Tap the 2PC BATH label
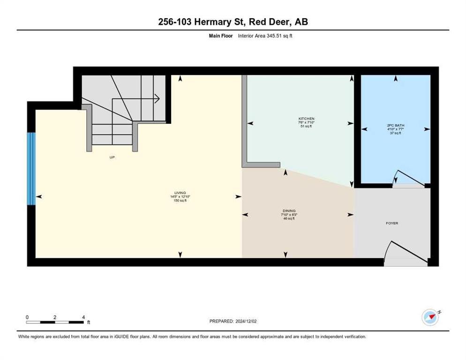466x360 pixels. [396, 126]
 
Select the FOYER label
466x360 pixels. [392, 223]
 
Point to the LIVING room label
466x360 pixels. [180, 193]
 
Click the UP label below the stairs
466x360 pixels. [112, 157]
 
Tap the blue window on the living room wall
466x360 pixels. [31, 169]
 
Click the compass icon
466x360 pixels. [430, 317]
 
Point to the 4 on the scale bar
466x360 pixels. [83, 317]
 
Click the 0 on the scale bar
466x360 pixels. [27, 317]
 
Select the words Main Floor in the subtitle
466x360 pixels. [221, 36]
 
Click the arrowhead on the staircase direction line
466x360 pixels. [158, 98]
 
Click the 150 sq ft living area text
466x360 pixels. [180, 200]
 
